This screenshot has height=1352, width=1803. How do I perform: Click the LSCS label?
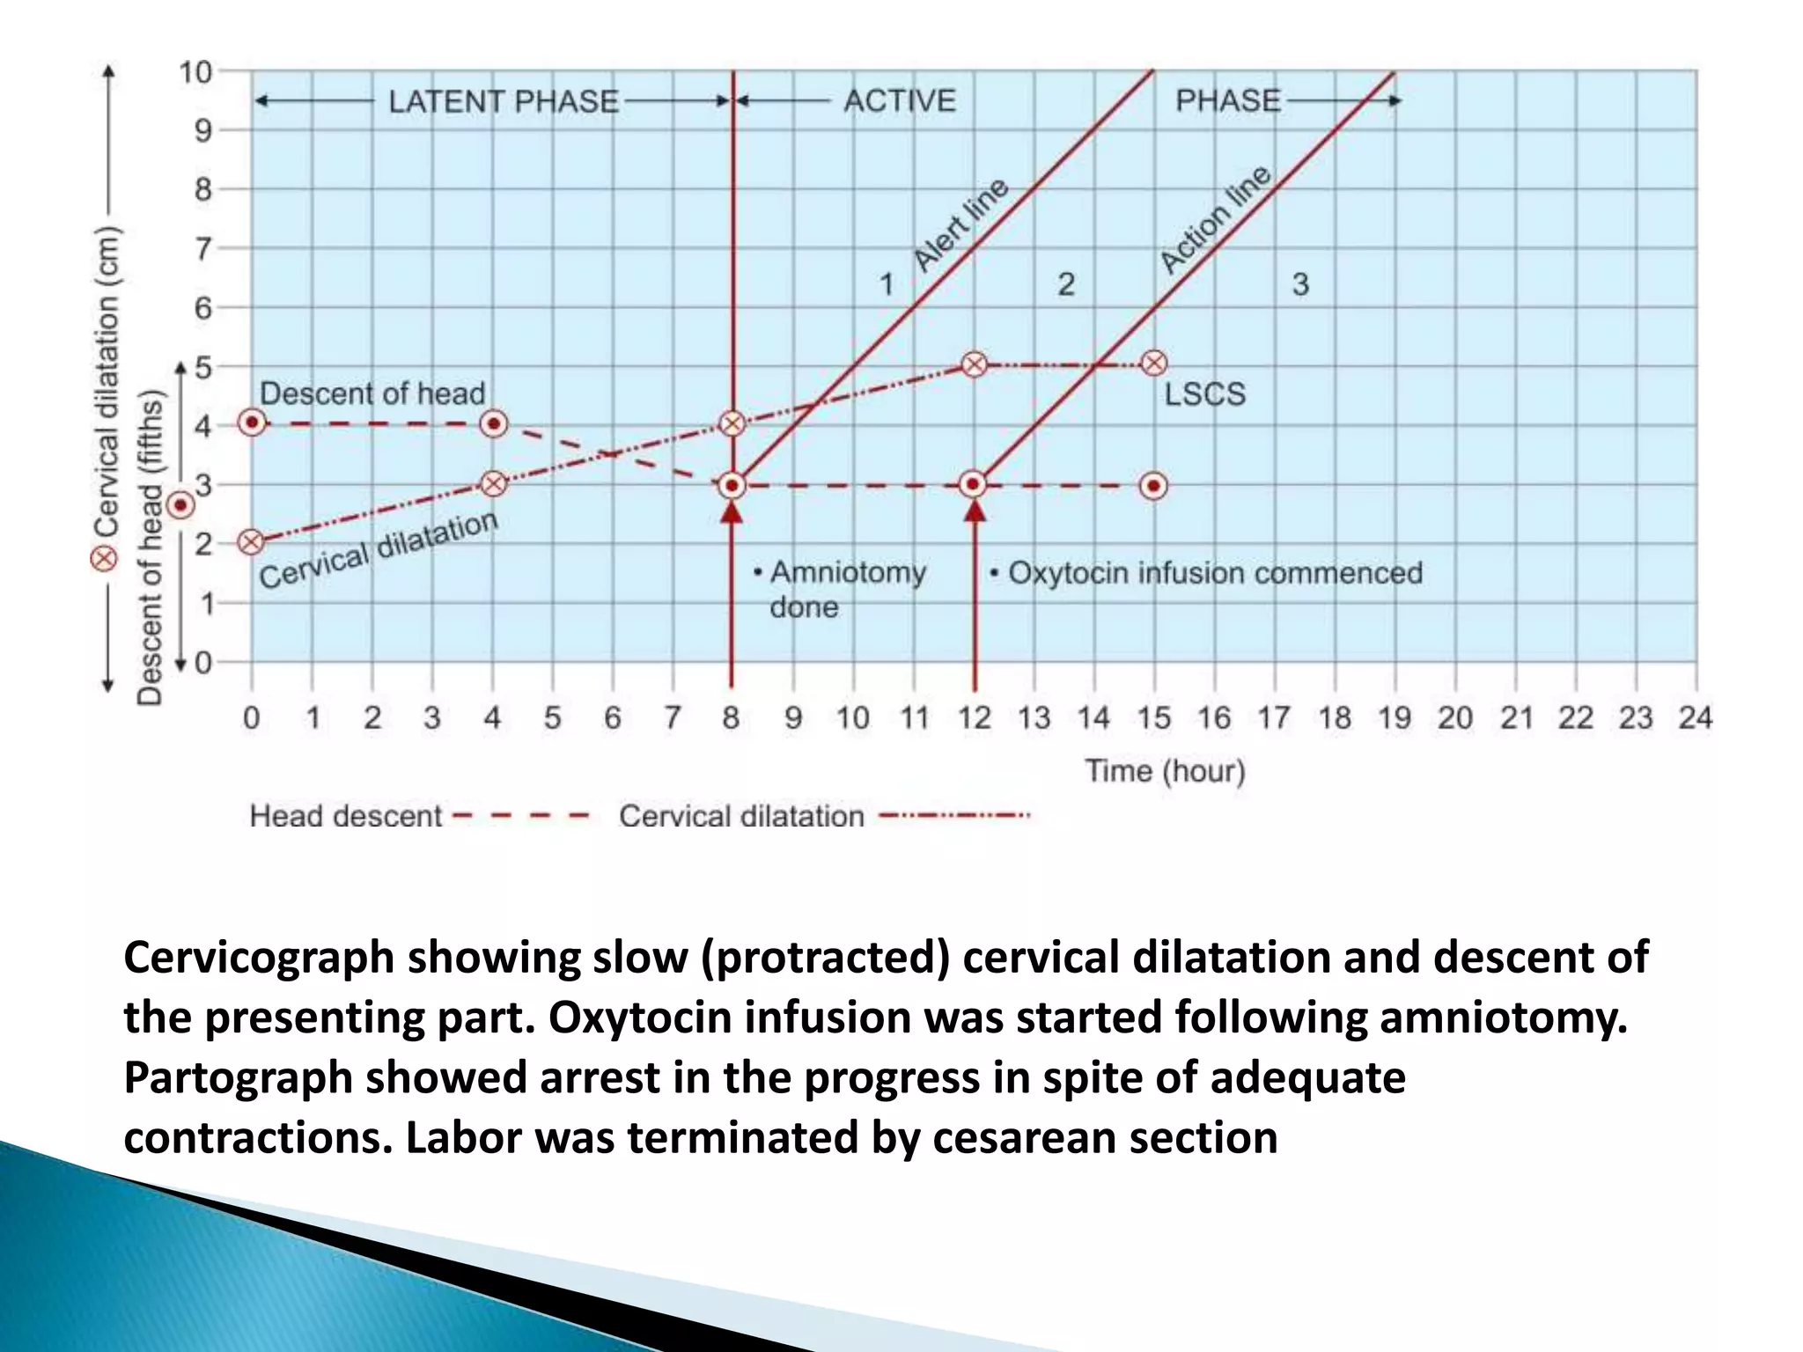[1204, 393]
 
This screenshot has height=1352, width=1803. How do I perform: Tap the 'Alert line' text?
[961, 225]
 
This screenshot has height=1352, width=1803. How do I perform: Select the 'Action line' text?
[1215, 220]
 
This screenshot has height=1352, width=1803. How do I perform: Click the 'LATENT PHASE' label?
[504, 101]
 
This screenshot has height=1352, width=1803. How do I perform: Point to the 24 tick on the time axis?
[1695, 718]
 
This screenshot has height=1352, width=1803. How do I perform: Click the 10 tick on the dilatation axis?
[196, 72]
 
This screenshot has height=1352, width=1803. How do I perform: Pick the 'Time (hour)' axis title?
[1165, 771]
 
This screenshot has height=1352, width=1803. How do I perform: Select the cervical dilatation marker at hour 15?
[1154, 363]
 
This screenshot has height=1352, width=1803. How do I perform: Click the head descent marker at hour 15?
[1154, 486]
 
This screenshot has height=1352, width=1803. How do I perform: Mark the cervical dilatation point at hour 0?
[252, 541]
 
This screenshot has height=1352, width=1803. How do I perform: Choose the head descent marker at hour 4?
[494, 424]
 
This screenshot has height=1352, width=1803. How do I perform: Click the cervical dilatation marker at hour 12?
[974, 364]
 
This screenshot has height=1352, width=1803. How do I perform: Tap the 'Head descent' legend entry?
[345, 816]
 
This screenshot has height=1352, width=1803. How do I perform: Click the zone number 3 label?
[1300, 284]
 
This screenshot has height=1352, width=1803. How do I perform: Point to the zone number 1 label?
[887, 284]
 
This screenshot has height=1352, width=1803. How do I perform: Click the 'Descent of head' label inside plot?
[372, 393]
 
